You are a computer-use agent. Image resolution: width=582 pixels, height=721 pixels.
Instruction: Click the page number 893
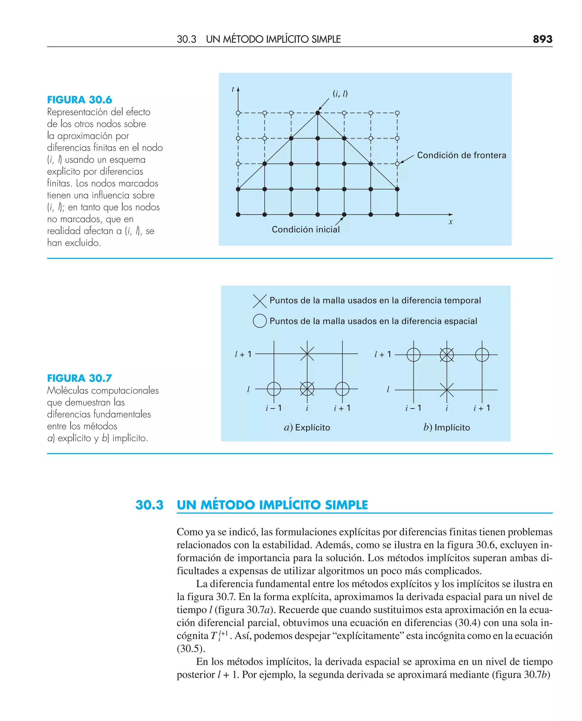[542, 39]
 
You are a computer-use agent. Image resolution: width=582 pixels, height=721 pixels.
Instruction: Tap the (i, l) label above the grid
[340, 94]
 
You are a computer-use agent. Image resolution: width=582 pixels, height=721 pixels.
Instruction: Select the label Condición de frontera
[461, 155]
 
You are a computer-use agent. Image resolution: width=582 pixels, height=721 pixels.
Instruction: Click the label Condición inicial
[305, 229]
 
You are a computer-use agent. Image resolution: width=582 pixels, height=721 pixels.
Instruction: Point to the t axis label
[233, 89]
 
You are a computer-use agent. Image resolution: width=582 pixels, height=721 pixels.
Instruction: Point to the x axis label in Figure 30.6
[451, 222]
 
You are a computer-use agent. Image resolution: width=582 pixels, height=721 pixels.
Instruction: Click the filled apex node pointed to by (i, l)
[317, 113]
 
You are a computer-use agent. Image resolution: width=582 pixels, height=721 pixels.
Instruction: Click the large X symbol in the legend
[259, 301]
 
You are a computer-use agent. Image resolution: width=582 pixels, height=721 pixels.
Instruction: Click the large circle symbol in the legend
[259, 321]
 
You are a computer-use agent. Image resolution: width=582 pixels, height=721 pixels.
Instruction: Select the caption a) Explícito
[307, 427]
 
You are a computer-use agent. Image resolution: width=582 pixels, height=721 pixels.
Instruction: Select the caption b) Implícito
[446, 427]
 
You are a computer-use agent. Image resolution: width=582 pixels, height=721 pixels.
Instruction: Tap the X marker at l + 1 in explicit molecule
[307, 354]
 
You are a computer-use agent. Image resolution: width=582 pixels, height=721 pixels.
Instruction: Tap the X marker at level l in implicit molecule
[446, 390]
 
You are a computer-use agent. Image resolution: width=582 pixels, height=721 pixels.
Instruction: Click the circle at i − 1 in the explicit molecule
[274, 389]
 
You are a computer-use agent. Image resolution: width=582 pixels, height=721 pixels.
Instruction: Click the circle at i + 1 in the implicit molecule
[482, 355]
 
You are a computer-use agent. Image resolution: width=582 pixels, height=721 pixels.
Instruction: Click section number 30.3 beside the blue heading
[149, 505]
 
